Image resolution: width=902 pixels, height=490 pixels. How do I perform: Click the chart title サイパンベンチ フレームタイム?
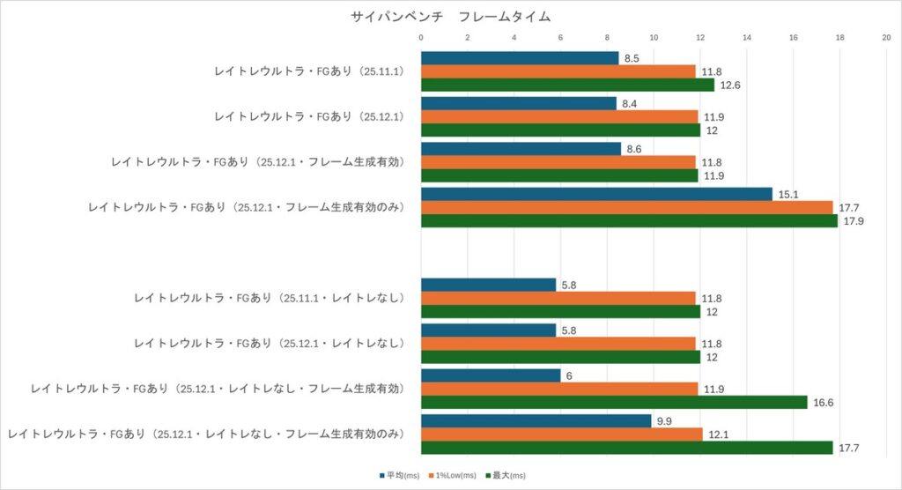[450, 17]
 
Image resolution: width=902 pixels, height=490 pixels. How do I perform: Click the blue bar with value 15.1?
[596, 194]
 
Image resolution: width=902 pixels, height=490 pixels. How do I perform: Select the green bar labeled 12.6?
[567, 85]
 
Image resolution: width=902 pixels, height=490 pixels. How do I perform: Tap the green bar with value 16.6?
[614, 402]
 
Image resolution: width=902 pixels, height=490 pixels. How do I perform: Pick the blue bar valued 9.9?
[536, 421]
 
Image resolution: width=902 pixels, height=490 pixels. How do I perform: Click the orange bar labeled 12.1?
[561, 434]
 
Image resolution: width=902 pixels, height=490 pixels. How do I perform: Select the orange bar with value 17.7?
[626, 207]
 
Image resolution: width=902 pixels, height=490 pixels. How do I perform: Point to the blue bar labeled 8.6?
[521, 149]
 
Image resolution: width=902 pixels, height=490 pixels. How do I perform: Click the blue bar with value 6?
[491, 375]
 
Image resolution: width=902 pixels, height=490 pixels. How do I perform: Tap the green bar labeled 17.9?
[629, 221]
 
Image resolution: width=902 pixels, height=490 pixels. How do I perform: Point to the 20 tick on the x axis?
[886, 38]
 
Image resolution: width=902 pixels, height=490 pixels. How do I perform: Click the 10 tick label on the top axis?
[654, 38]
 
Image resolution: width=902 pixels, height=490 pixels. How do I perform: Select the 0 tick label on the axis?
[421, 38]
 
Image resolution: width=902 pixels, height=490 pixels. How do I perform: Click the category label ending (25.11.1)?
[308, 71]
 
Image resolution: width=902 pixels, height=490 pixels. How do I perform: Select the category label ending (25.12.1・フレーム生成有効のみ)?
[246, 207]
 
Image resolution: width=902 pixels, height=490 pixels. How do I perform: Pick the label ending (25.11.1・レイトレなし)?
[269, 298]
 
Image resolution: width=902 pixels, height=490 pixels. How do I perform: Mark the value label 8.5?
[632, 57]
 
